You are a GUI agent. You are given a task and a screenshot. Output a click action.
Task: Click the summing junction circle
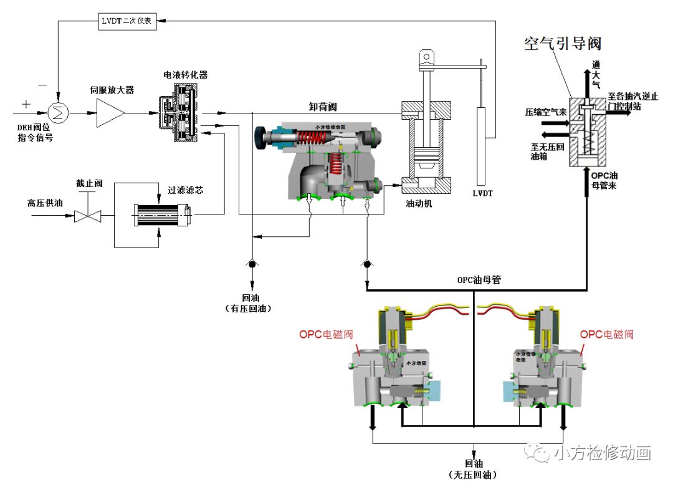click(x=58, y=112)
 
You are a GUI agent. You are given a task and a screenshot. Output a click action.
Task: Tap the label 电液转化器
click(x=185, y=75)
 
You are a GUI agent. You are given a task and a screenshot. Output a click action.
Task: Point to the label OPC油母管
click(x=479, y=280)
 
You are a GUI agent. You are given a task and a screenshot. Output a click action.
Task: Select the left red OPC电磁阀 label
click(x=326, y=334)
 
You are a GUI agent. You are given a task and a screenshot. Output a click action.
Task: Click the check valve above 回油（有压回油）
click(x=252, y=264)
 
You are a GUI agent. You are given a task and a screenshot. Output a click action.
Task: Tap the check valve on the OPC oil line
click(x=366, y=264)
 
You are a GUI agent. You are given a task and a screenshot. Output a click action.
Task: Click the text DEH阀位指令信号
click(x=35, y=132)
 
